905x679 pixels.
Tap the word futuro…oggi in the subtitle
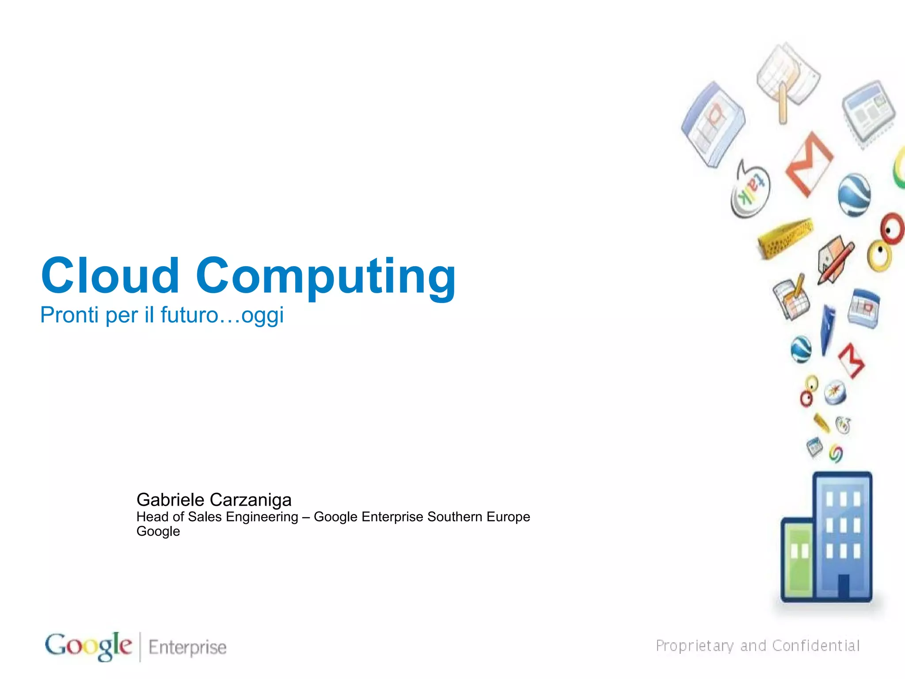222,316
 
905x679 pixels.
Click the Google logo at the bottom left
88,646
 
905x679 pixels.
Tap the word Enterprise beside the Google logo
187,647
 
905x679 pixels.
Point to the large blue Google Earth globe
854,195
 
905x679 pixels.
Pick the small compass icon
835,392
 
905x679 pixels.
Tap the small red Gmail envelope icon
852,360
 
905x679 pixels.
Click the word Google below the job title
158,531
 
